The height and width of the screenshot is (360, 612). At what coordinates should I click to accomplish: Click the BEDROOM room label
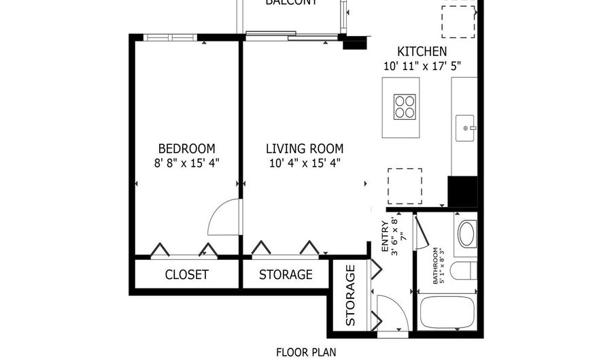[x=186, y=148]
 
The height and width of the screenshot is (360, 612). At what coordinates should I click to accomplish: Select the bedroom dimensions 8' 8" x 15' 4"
[x=186, y=163]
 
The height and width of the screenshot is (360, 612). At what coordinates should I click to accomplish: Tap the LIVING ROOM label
[x=304, y=148]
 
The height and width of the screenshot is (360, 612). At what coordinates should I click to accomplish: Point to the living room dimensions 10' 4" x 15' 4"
[x=304, y=163]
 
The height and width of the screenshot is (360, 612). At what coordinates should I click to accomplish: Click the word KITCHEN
[x=422, y=52]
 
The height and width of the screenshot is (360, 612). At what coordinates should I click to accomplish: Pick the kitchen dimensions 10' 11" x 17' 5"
[x=422, y=66]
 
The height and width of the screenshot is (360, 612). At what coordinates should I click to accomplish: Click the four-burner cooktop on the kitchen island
[x=406, y=108]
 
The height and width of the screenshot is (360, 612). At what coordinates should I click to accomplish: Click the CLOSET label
[x=186, y=275]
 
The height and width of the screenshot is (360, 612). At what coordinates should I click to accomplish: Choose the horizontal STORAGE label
[x=286, y=275]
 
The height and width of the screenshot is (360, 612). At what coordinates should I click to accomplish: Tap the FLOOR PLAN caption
[x=305, y=352]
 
